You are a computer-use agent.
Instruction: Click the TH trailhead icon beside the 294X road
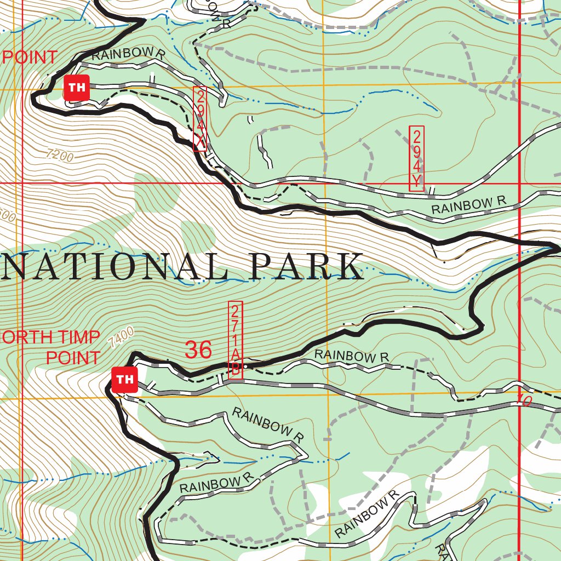click(76, 88)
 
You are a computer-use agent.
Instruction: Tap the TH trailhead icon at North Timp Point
click(124, 380)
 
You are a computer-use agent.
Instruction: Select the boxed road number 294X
click(200, 119)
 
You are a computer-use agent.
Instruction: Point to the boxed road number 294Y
click(416, 158)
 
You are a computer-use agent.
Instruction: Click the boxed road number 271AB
click(235, 339)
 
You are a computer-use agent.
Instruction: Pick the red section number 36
click(198, 350)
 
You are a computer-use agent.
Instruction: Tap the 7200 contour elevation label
click(60, 156)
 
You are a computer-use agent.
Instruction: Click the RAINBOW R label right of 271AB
click(352, 356)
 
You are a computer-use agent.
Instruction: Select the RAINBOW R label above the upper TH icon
click(128, 55)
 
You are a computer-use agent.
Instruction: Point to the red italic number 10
click(524, 402)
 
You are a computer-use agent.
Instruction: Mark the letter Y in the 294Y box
click(416, 180)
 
